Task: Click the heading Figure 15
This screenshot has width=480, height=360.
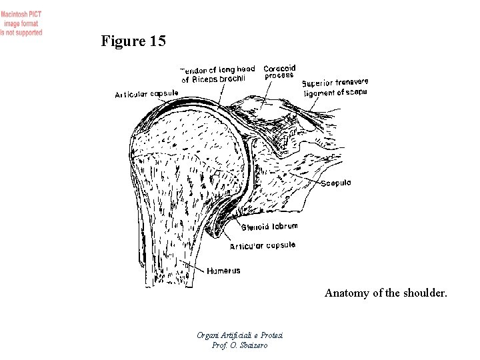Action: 133,42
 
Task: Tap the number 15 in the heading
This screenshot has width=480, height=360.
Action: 158,42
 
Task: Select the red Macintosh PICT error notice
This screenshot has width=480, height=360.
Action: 21,23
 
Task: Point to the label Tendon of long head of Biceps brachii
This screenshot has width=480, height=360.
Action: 218,73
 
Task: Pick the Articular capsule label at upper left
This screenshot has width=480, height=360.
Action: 146,94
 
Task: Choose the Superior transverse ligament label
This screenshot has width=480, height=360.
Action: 335,87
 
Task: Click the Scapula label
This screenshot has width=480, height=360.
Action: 337,184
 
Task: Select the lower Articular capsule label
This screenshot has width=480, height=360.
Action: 262,246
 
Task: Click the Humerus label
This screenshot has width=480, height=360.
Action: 223,271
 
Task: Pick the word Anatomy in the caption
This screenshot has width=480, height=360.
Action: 346,293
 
